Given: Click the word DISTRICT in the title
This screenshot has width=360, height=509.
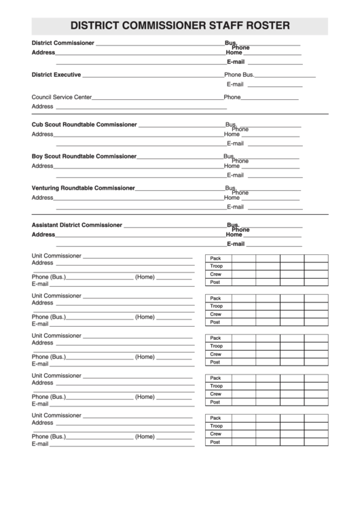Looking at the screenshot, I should tap(99, 26).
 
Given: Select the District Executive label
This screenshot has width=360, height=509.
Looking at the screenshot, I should tap(56, 75).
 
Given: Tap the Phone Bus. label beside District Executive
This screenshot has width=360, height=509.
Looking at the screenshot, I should tap(239, 75).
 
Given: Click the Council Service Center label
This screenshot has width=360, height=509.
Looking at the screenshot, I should tap(62, 97).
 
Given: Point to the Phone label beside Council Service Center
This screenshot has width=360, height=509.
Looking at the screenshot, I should tap(232, 97).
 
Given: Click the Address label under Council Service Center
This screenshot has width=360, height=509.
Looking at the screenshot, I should tap(42, 107).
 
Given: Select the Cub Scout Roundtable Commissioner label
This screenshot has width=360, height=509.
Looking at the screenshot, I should tap(84, 125).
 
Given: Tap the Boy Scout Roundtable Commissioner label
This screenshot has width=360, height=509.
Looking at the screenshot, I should tap(84, 156).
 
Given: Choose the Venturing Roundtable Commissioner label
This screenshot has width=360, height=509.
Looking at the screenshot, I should tap(84, 188).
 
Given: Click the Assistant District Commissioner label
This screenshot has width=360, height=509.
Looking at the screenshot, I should tap(77, 225).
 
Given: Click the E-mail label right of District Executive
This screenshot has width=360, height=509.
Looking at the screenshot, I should tap(235, 85).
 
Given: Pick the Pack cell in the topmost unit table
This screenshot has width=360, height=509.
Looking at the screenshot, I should tap(216, 259).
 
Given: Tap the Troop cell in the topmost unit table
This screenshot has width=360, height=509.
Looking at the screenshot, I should tap(217, 266).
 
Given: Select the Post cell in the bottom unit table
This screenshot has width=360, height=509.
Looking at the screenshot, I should tap(215, 442).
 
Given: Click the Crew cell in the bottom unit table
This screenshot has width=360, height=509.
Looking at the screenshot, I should tap(216, 434).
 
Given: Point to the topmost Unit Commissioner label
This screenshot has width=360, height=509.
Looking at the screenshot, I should tap(56, 256).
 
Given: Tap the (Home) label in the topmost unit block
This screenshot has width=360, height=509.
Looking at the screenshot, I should tap(145, 277).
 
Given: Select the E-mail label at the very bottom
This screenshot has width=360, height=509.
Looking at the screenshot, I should tap(40, 444).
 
